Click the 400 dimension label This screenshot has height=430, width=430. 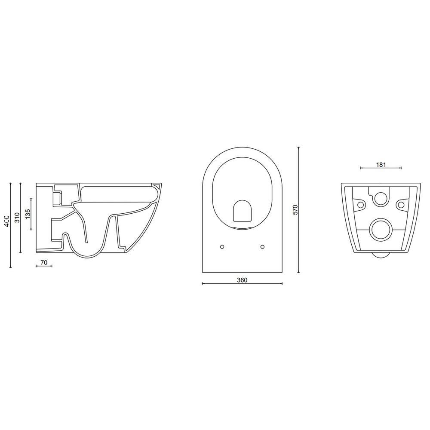7,221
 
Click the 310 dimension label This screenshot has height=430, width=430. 17,218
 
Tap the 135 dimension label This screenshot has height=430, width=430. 28,214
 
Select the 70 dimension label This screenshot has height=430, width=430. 44,262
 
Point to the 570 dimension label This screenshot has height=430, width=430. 295,210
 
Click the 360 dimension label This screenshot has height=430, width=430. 242,280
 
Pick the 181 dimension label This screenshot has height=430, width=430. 381,165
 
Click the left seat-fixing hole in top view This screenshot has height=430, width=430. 222,247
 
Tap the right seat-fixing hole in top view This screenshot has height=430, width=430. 262,247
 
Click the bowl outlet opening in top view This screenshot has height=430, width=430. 242,211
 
